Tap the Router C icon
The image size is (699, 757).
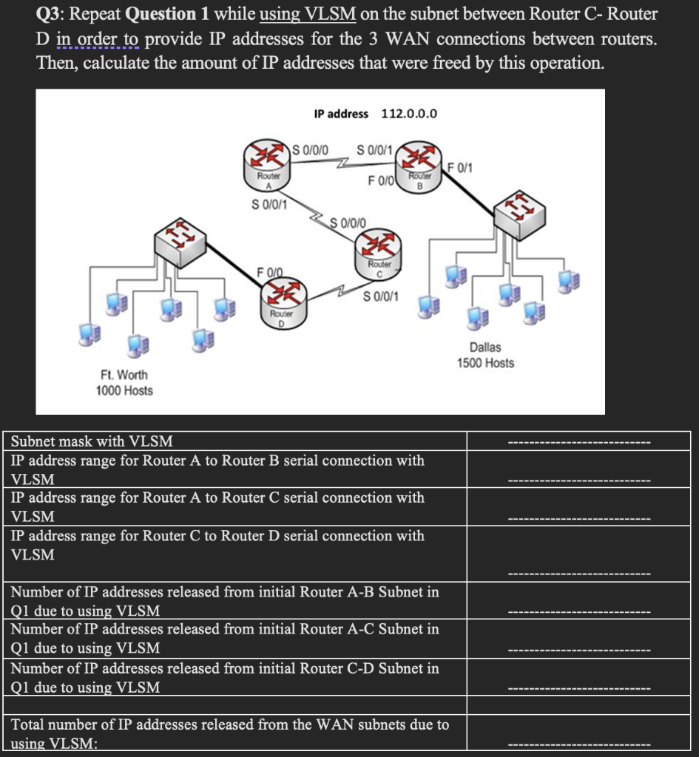[379, 252]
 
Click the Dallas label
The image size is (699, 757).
[484, 347]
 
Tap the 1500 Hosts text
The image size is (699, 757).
[484, 363]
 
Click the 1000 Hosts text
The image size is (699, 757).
[124, 390]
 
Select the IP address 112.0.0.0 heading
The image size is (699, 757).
[375, 113]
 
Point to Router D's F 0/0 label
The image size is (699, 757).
[269, 271]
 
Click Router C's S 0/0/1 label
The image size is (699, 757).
[382, 297]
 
